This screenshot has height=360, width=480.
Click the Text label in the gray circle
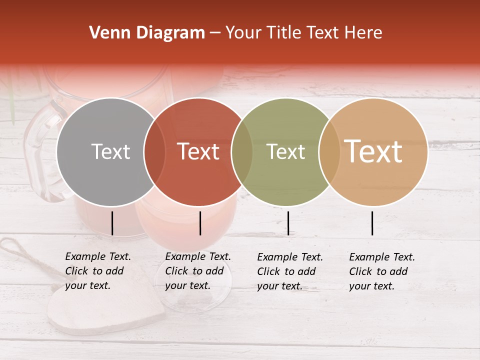pyautogui.click(x=110, y=152)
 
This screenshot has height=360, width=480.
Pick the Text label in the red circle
pyautogui.click(x=198, y=152)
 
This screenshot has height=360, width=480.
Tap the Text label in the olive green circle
pyautogui.click(x=285, y=152)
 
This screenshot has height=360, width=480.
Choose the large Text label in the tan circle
pyautogui.click(x=373, y=151)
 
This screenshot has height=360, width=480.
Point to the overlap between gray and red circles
pyautogui.click(x=154, y=152)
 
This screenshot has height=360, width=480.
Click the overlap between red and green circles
pyautogui.click(x=242, y=152)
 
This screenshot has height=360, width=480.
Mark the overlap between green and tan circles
pyautogui.click(x=329, y=152)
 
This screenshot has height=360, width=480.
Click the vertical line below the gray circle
pyautogui.click(x=112, y=223)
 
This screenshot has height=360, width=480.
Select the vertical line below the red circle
pyautogui.click(x=200, y=223)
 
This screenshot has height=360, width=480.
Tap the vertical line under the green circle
pyautogui.click(x=288, y=223)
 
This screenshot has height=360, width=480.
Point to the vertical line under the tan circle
pyautogui.click(x=372, y=223)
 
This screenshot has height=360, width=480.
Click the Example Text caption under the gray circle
pyautogui.click(x=98, y=271)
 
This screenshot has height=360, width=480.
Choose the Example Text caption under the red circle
pyautogui.click(x=198, y=271)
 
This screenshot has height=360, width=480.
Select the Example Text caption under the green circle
pyautogui.click(x=290, y=271)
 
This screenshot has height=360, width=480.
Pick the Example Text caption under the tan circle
pyautogui.click(x=382, y=271)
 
